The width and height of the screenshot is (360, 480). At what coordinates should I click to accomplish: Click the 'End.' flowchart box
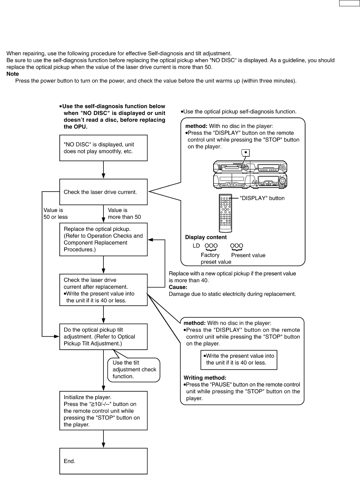pyautogui.click(x=103, y=461)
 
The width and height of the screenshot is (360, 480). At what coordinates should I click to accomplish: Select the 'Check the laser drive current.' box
pyautogui.click(x=103, y=192)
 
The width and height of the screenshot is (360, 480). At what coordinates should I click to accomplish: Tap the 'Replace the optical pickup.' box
pyautogui.click(x=103, y=239)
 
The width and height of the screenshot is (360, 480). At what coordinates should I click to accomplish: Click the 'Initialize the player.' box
pyautogui.click(x=103, y=411)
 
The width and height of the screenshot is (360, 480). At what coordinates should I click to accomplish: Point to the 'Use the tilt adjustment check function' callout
pyautogui.click(x=134, y=369)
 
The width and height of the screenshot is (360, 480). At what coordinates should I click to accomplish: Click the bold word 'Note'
pyautogui.click(x=13, y=74)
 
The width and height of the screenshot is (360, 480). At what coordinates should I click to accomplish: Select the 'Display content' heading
pyautogui.click(x=206, y=237)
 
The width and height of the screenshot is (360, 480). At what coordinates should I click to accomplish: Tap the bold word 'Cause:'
pyautogui.click(x=178, y=287)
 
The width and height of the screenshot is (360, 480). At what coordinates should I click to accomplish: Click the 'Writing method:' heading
pyautogui.click(x=205, y=378)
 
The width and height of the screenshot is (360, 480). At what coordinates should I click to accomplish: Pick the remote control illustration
pyautogui.click(x=225, y=213)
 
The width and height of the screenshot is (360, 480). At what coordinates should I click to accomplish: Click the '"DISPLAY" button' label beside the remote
pyautogui.click(x=262, y=198)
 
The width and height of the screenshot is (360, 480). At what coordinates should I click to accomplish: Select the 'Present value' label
pyautogui.click(x=248, y=255)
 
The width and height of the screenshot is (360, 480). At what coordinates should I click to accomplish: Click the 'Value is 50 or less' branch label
pyautogui.click(x=55, y=213)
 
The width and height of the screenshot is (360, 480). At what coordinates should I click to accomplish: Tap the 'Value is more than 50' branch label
pyautogui.click(x=124, y=213)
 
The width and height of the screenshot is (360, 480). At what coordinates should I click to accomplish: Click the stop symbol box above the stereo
pyautogui.click(x=245, y=153)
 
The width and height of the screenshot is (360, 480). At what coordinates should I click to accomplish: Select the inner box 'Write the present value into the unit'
pyautogui.click(x=239, y=359)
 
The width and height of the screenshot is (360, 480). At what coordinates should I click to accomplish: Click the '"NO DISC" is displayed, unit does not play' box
pyautogui.click(x=103, y=148)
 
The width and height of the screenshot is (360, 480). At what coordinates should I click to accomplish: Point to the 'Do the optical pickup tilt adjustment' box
pyautogui.click(x=103, y=337)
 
